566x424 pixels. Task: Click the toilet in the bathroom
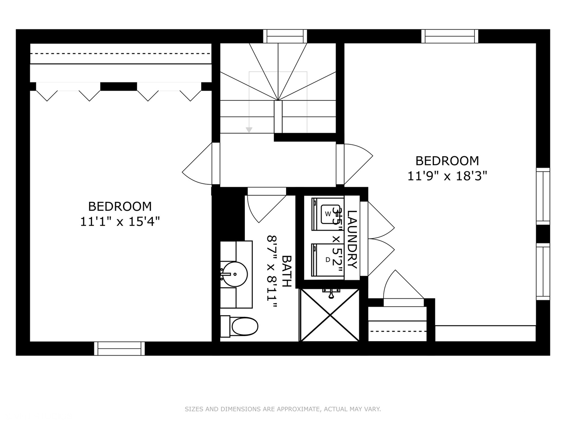(240, 326)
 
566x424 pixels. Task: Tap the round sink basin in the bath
(234, 274)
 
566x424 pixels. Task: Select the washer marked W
(327, 214)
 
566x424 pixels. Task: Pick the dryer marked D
(327, 260)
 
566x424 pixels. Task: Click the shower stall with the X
(329, 315)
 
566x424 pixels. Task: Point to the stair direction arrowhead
(249, 130)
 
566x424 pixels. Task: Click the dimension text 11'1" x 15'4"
(120, 222)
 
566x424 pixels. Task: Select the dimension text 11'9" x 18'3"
(447, 176)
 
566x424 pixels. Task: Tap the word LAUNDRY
(352, 239)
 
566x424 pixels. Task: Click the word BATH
(287, 271)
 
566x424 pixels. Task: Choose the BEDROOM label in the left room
(120, 206)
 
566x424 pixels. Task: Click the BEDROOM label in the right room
(447, 161)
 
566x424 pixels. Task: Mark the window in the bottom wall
(119, 348)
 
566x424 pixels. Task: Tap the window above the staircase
(285, 36)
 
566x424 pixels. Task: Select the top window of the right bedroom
(450, 36)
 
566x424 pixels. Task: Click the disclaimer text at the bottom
(283, 409)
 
